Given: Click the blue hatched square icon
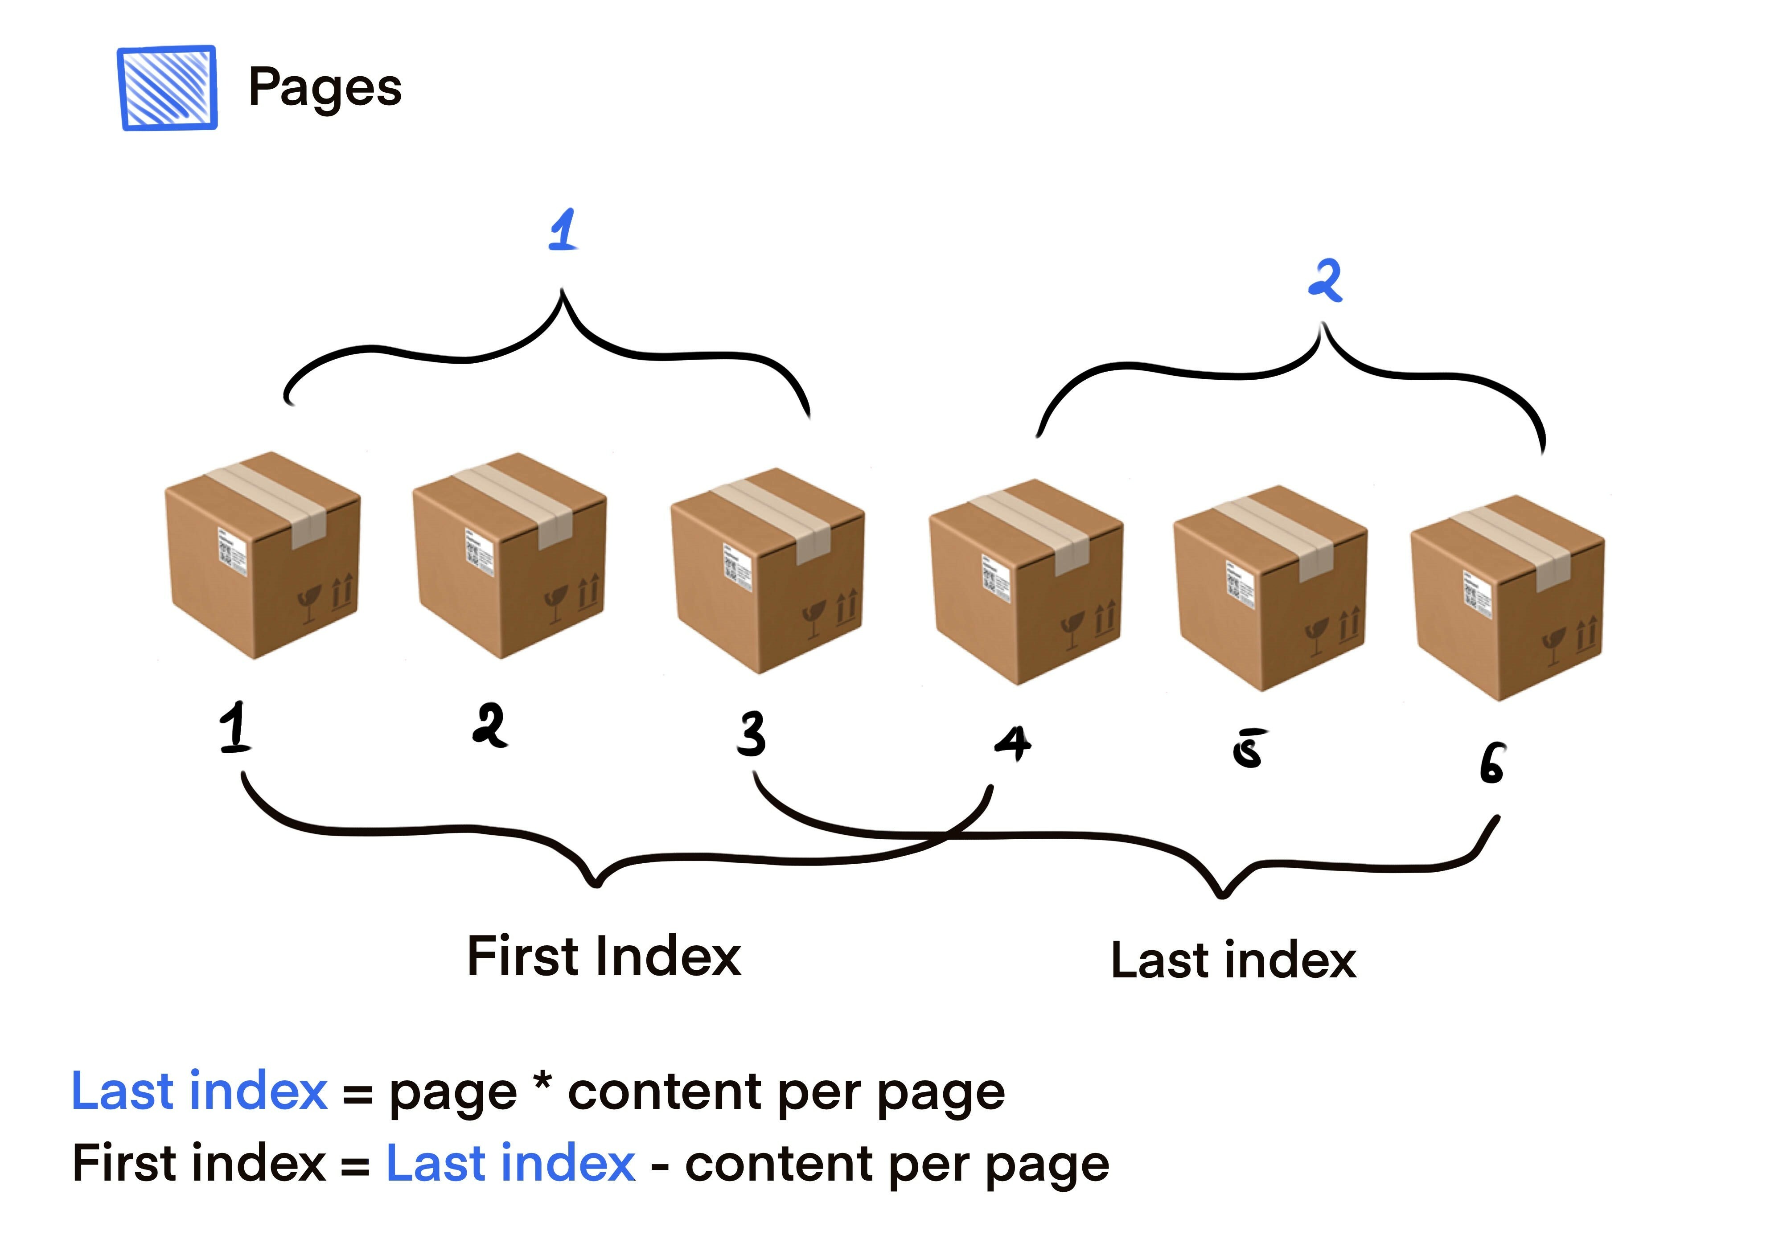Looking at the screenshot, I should pos(167,88).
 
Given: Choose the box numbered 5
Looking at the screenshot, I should pos(1270,588).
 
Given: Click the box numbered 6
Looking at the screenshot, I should pos(1507,598).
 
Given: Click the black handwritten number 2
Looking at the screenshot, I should pos(490,725).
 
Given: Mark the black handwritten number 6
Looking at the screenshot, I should pos(1491,763).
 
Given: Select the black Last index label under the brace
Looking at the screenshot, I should pos(1233,961).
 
